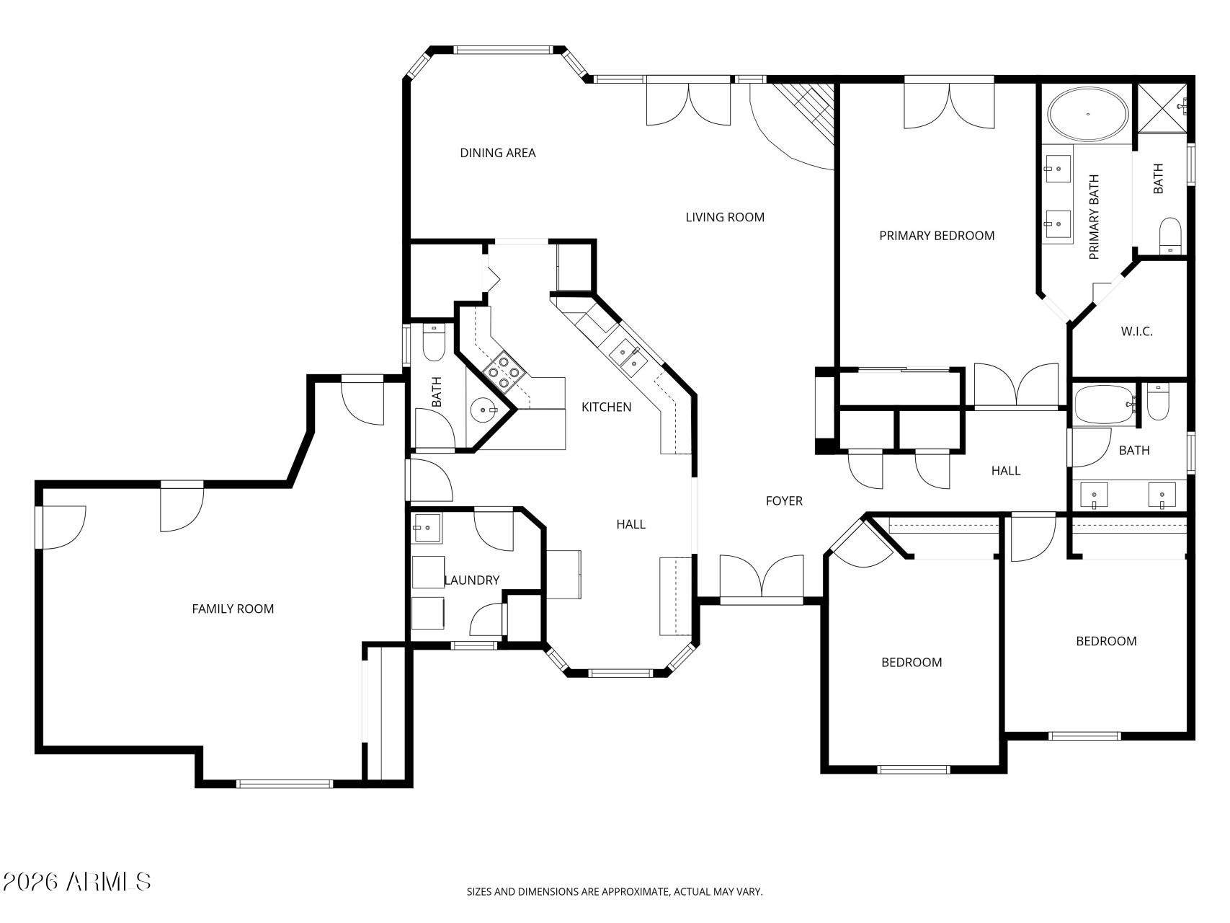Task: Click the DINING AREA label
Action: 498,153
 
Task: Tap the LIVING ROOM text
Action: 725,217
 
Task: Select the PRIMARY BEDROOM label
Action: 937,236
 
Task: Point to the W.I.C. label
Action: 1137,332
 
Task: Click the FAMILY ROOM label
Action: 233,609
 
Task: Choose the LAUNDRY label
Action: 472,580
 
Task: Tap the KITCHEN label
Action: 607,407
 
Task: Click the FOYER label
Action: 784,501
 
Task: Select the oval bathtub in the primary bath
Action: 1088,115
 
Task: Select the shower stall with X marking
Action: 1163,108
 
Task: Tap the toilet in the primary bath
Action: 1171,236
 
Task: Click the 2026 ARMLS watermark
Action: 76,881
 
